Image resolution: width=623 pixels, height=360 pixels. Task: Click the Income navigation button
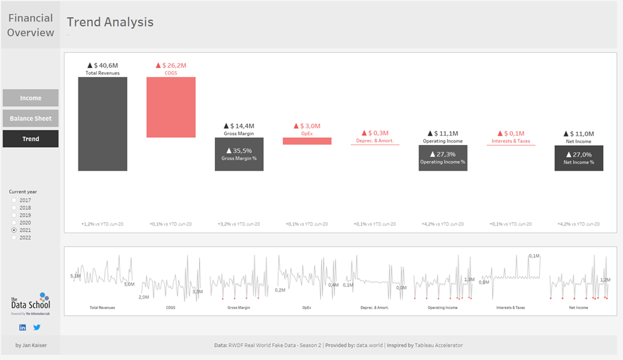tap(30, 98)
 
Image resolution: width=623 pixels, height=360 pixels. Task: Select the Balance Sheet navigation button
tap(30, 119)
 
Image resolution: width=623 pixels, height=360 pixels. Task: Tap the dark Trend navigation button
tap(30, 139)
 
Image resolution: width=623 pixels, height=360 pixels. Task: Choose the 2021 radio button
tap(14, 230)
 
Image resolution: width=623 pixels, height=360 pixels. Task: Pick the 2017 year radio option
tap(14, 200)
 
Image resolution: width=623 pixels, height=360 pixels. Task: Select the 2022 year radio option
tap(14, 237)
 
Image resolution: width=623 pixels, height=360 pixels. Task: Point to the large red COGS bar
tap(171, 107)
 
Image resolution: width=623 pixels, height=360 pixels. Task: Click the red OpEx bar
tap(307, 141)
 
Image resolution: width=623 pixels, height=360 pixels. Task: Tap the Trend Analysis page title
tap(110, 22)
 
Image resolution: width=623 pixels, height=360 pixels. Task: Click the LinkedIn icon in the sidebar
tap(23, 327)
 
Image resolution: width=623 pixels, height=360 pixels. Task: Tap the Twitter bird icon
tap(37, 327)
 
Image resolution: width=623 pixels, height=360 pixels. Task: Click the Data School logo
tap(30, 304)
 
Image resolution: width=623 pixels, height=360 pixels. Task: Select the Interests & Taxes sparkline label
tap(510, 307)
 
